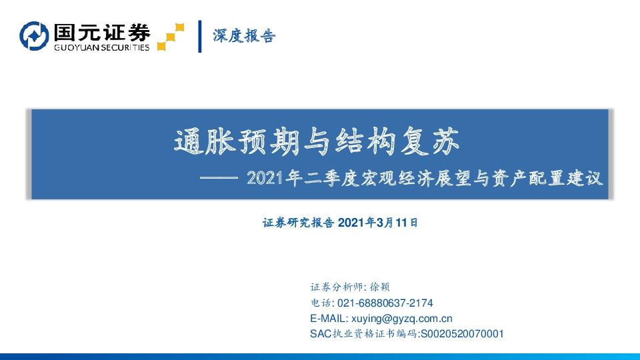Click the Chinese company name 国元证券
click(x=101, y=31)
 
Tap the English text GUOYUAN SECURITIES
click(x=101, y=47)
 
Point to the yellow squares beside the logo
click(x=171, y=37)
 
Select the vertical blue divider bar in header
click(x=200, y=37)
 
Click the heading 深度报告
click(x=243, y=36)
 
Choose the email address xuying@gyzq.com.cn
click(x=402, y=318)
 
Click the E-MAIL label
click(x=328, y=318)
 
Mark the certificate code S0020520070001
click(x=461, y=333)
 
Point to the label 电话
click(x=319, y=303)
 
